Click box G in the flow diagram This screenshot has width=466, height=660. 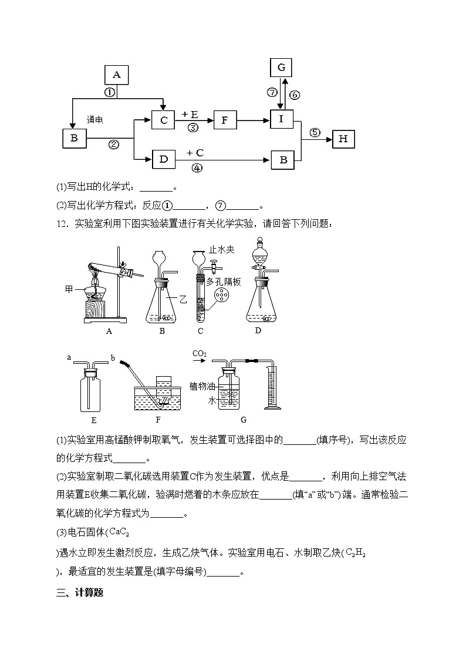click(x=281, y=68)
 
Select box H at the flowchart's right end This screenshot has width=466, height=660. click(x=343, y=139)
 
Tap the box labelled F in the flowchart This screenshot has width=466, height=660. click(x=224, y=120)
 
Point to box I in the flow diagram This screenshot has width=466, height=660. click(x=281, y=119)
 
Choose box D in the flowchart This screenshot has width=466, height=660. click(x=164, y=159)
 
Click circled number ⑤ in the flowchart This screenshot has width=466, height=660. click(x=315, y=132)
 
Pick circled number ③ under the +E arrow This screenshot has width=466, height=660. click(x=193, y=128)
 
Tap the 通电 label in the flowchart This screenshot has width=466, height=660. click(x=95, y=120)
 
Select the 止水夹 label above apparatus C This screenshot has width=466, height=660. click(x=222, y=250)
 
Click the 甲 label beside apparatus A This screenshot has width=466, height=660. click(x=69, y=289)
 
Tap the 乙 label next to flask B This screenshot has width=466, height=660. click(x=183, y=299)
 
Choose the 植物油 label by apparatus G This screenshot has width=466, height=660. click(x=201, y=386)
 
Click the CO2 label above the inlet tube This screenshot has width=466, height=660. click(x=201, y=353)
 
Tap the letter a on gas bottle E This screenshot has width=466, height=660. click(x=69, y=357)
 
